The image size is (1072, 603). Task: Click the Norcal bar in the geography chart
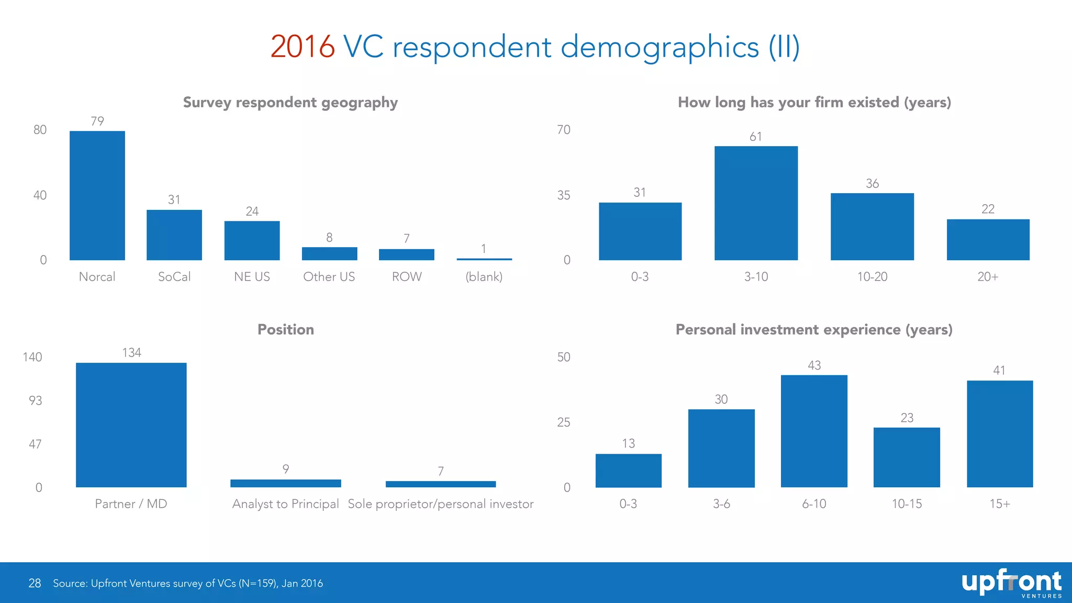click(x=97, y=195)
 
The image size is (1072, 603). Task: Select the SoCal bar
click(x=174, y=235)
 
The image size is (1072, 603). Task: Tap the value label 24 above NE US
click(x=252, y=211)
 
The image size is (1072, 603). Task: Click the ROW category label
click(x=407, y=277)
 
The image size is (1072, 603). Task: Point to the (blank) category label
click(x=484, y=277)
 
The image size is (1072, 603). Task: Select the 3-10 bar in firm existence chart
click(x=756, y=203)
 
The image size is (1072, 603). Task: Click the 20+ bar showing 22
click(x=988, y=240)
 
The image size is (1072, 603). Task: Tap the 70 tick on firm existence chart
click(x=564, y=130)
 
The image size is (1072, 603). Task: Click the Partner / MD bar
click(x=131, y=425)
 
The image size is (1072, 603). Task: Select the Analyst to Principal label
click(x=286, y=504)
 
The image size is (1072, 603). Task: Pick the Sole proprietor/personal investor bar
click(x=441, y=484)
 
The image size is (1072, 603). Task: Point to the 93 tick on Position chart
click(x=35, y=401)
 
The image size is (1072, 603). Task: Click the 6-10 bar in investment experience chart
click(x=814, y=431)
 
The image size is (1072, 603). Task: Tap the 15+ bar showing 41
click(x=1000, y=434)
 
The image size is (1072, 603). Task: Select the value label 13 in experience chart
click(x=628, y=444)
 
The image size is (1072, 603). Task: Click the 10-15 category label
click(x=907, y=504)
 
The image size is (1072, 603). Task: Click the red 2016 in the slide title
click(x=303, y=47)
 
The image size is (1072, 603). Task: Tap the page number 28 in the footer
click(x=35, y=583)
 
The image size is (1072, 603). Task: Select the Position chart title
click(x=286, y=330)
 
